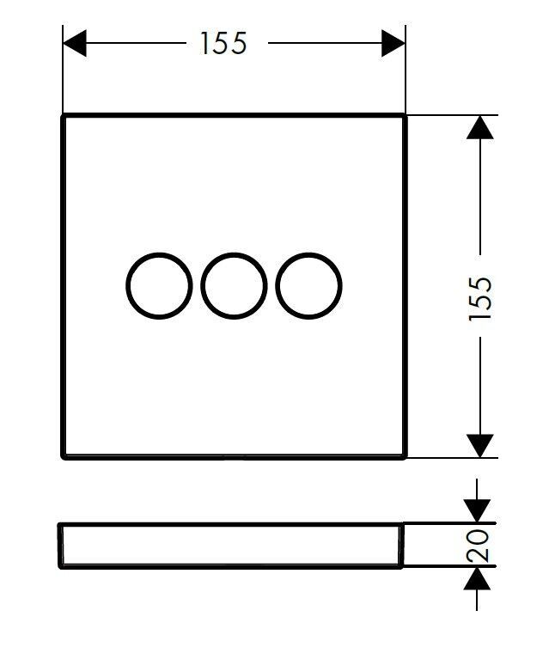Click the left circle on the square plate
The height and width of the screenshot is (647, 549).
127,285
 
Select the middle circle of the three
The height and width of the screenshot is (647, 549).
202,285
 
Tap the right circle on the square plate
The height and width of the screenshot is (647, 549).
277,285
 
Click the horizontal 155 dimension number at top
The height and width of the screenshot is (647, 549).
223,43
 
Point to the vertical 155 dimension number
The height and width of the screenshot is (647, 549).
480,298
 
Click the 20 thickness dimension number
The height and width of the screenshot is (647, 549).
478,545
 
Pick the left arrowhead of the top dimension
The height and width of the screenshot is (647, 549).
75,43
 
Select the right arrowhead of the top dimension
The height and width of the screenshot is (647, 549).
393,43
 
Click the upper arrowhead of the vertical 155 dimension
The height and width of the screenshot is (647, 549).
479,127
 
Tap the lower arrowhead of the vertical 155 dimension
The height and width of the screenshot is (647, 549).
479,446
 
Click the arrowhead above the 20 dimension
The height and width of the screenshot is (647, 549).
477,511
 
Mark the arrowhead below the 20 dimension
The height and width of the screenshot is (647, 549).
477,578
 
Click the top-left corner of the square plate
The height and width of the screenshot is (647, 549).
63,115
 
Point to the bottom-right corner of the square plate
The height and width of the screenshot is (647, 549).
406,457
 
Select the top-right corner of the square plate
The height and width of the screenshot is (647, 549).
406,115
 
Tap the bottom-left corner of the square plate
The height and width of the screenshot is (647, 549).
63,457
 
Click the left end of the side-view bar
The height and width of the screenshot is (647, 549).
60,546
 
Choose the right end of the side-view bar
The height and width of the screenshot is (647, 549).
402,546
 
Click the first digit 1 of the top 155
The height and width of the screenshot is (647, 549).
204,43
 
